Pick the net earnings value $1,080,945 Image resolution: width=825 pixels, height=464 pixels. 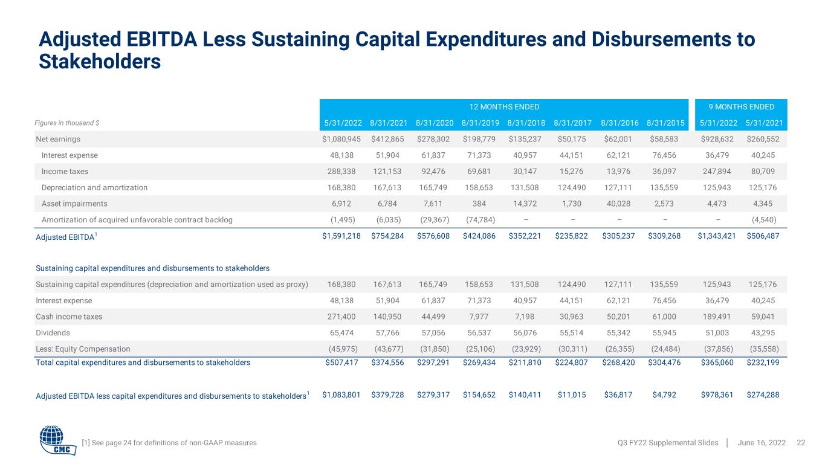pos(341,139)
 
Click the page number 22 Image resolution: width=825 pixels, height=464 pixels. pos(801,443)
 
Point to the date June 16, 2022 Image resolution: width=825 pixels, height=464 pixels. pos(762,443)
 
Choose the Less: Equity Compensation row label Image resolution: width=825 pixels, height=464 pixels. pos(83,349)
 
